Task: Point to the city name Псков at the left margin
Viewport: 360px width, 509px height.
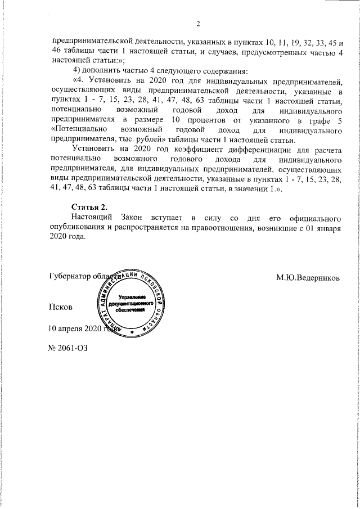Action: pyautogui.click(x=60, y=307)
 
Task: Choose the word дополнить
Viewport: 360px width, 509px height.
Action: pyautogui.click(x=105, y=70)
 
